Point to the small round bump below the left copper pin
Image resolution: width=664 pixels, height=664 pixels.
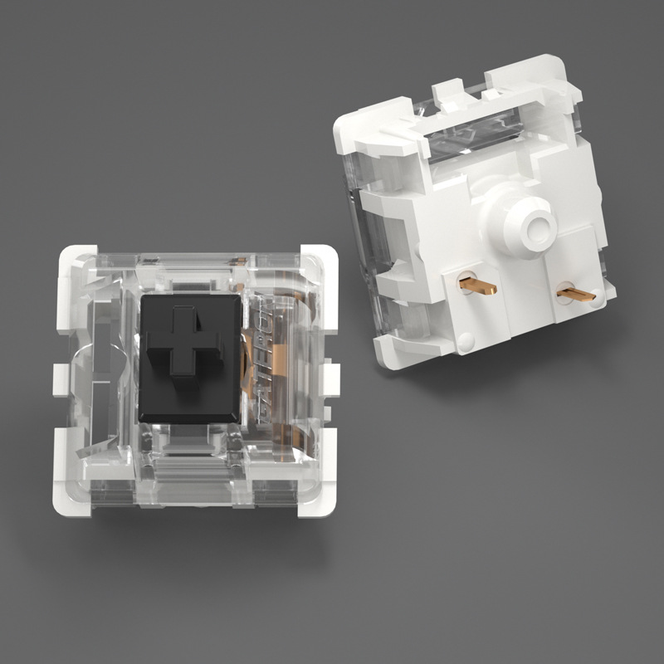tap(466, 340)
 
